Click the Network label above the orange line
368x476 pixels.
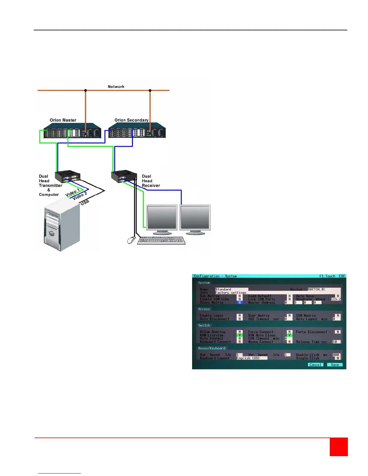pos(116,87)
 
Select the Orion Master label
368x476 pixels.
pos(63,120)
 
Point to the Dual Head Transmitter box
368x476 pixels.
pos(68,176)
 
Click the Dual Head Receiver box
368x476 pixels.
pos(124,176)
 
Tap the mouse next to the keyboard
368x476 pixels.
pos(131,240)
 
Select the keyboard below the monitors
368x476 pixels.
pos(161,240)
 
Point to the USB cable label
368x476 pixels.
pos(85,202)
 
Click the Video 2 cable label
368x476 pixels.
pos(80,196)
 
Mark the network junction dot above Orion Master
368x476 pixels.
pos(85,90)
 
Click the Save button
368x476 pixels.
pos(335,365)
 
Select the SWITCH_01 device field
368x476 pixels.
pos(324,289)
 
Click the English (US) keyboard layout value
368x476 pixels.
pos(251,358)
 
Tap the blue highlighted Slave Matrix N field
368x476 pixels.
pos(240,303)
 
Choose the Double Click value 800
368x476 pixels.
pos(336,355)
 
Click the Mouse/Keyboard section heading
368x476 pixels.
pos(212,348)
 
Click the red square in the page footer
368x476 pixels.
pos(339,447)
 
